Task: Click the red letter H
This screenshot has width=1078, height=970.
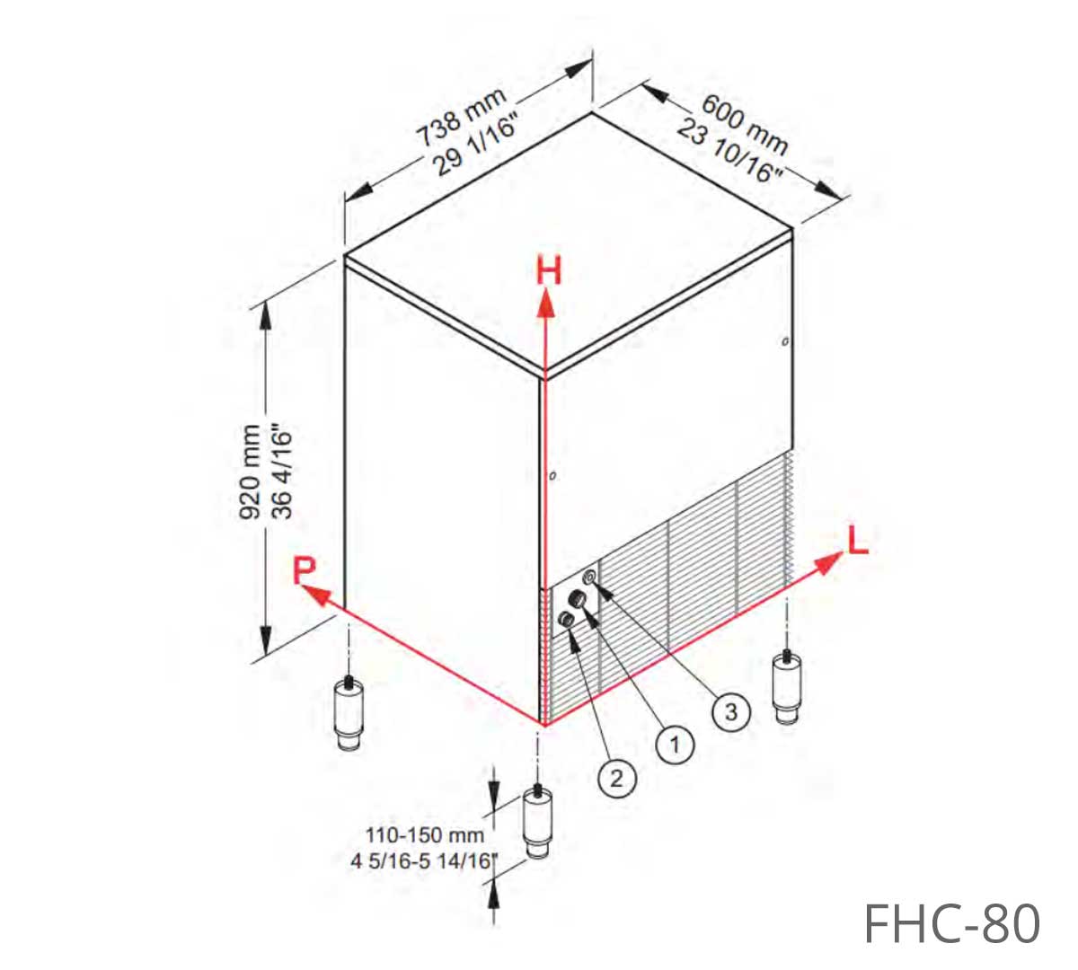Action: [x=549, y=270]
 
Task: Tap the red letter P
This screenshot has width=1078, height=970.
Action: [x=305, y=570]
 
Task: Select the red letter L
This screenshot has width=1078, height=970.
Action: [x=858, y=540]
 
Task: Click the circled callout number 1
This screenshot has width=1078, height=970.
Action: [x=675, y=744]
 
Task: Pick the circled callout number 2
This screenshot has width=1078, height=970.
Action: [x=617, y=778]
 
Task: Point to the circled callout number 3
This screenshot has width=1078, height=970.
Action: [x=731, y=711]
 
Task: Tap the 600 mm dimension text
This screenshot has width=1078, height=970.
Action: [x=745, y=124]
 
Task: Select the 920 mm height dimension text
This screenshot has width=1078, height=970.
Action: [x=249, y=472]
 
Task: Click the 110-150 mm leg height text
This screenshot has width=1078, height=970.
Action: [x=425, y=835]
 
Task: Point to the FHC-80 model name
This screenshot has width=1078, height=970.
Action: [x=951, y=922]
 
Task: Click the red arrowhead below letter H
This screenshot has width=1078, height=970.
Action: [x=546, y=303]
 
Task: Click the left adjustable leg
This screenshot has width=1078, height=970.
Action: [x=349, y=712]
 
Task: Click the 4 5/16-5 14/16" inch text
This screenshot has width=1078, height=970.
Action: [x=422, y=861]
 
